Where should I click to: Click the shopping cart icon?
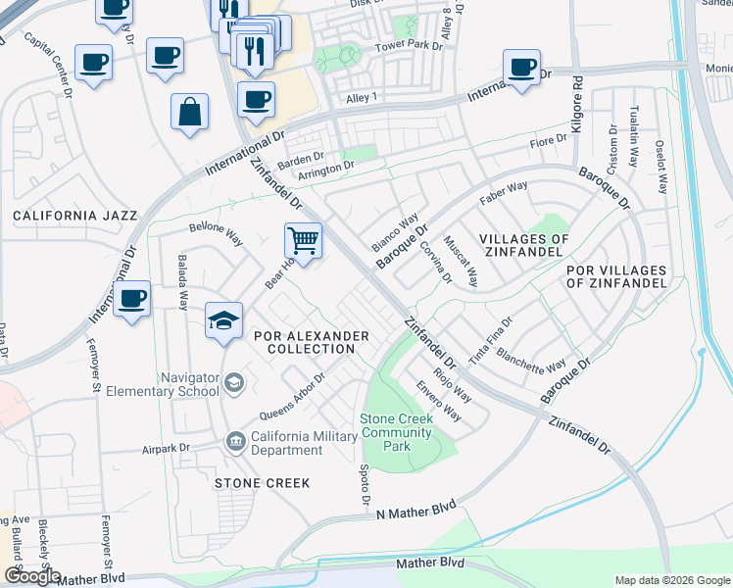303,239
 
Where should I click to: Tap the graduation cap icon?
223,320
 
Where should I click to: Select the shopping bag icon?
189,112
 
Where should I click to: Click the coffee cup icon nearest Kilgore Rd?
522,68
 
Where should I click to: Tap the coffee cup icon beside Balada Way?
131,299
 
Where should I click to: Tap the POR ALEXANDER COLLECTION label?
311,342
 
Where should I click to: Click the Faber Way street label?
504,192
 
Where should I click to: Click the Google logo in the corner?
31,577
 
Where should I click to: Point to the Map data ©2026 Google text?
670,580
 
